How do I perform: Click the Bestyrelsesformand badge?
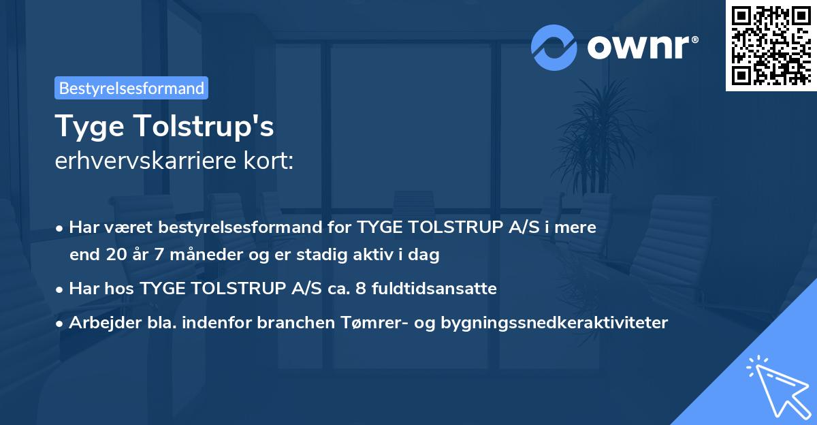(131, 88)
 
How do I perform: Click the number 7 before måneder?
(159, 256)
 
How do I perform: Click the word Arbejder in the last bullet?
(100, 323)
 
